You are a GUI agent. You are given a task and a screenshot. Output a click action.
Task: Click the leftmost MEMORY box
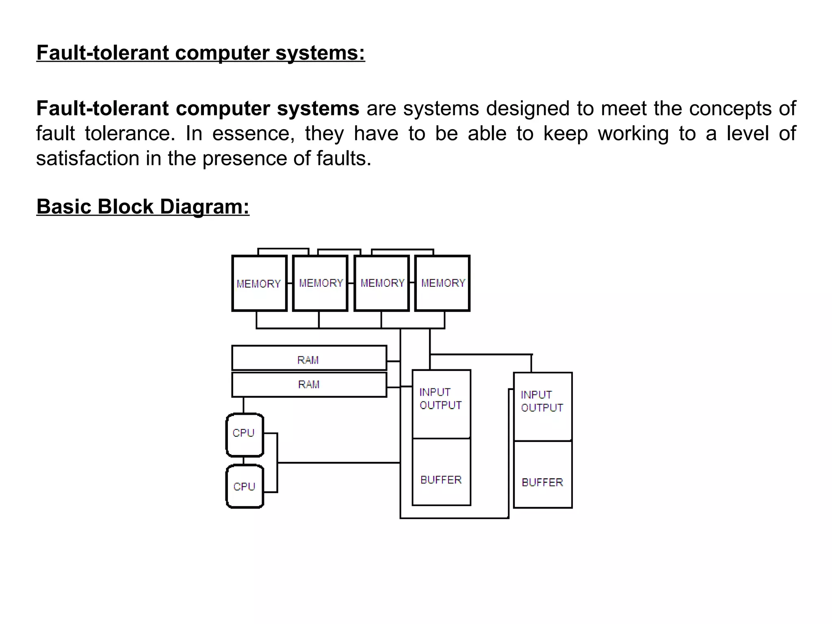point(259,284)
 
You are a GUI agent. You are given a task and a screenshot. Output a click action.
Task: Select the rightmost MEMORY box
point(442,283)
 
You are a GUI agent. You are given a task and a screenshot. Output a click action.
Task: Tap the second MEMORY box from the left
point(321,283)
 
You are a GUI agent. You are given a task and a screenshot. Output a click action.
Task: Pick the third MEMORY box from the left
point(382,283)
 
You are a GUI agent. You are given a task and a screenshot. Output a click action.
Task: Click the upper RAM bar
point(309,358)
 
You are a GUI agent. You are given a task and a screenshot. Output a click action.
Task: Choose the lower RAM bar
point(309,385)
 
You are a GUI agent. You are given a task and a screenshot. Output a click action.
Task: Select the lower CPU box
point(245,487)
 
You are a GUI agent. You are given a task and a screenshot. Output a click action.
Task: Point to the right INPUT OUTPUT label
point(542,401)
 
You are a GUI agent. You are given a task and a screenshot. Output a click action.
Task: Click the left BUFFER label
point(441,480)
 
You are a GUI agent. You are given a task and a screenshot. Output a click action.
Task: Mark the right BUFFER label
point(542,482)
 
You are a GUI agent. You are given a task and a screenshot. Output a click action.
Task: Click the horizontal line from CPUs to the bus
point(339,463)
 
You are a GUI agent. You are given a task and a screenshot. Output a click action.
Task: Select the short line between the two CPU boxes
point(243,461)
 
